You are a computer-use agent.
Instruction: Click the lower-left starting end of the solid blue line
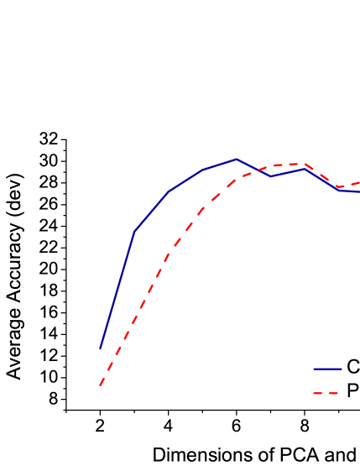tap(101, 348)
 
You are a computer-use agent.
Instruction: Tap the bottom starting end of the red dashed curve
tap(100, 385)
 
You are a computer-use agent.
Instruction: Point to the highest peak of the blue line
tap(237, 159)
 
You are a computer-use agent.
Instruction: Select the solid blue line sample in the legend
tap(327, 369)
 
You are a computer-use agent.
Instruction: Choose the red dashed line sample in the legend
tap(326, 393)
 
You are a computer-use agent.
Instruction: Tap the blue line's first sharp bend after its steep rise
tap(134, 231)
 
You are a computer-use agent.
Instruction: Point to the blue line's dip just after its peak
tap(270, 176)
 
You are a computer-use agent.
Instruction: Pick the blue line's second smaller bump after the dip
tap(305, 169)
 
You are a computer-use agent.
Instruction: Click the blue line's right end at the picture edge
tap(358, 191)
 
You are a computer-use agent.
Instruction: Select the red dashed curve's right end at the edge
tap(358, 182)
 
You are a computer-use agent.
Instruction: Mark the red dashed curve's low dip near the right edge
tap(339, 186)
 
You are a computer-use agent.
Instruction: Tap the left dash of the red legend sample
tap(318, 393)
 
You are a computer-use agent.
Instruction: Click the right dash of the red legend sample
tap(334, 393)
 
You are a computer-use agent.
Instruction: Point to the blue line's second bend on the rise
tap(169, 191)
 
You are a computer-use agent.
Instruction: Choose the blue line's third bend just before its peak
tap(202, 170)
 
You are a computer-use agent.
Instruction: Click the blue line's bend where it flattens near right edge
tap(339, 190)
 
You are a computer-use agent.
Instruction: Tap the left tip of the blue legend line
tap(314, 369)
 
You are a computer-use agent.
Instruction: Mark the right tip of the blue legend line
tap(342, 369)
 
